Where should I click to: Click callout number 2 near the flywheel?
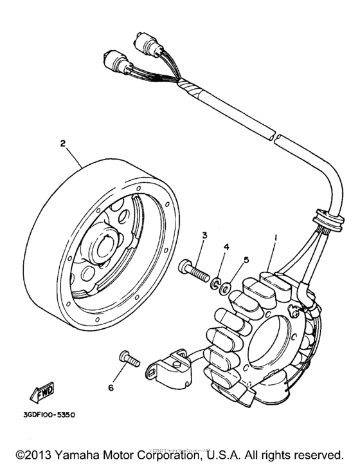63,144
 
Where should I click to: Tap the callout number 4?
226,246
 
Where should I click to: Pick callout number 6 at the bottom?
110,388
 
